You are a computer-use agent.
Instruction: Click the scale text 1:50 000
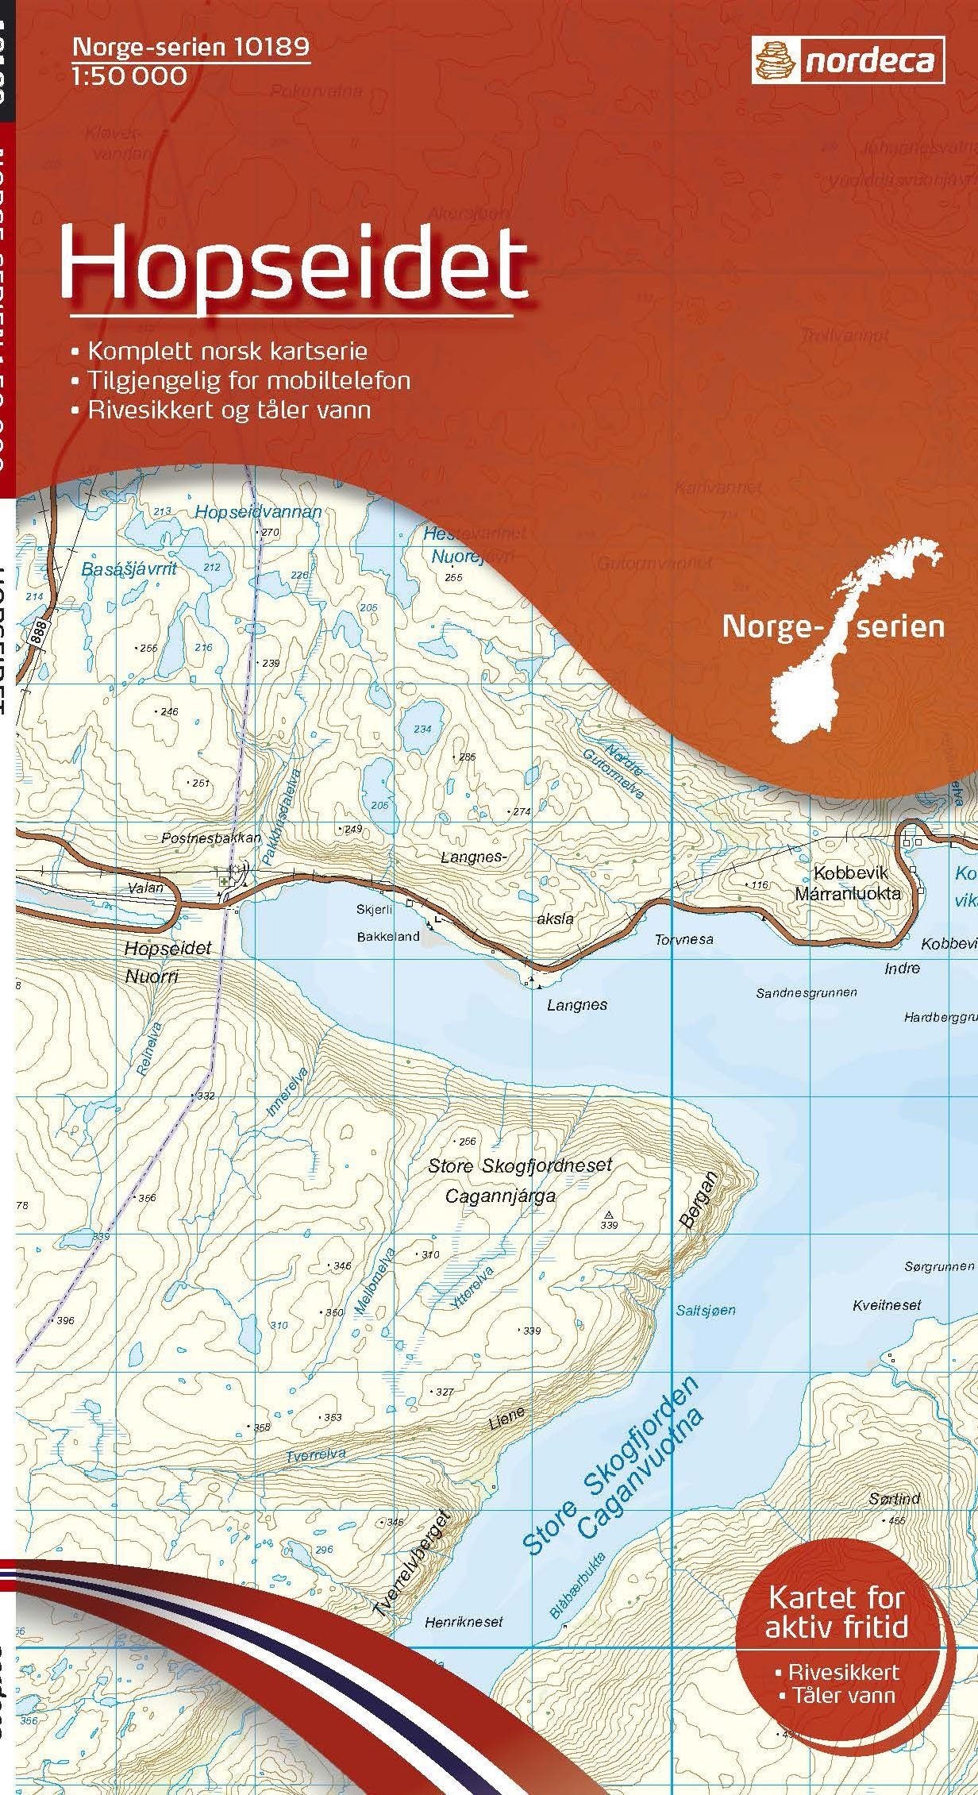pos(129,76)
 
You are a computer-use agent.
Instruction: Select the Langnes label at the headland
pos(577,1005)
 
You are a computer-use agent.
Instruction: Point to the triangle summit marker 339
pos(609,1215)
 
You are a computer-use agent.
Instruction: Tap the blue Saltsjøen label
pos(706,1310)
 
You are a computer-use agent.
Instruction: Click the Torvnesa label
pos(684,939)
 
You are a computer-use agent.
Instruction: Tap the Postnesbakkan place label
pos(211,838)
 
